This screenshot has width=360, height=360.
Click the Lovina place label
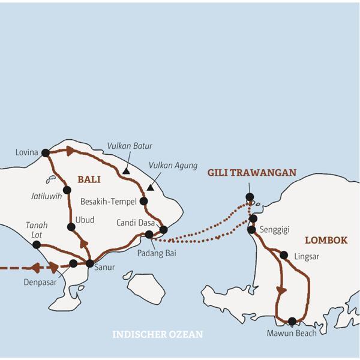(x=27, y=153)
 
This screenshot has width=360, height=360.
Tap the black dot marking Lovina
(x=45, y=153)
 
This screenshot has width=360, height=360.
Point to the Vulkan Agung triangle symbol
(x=150, y=187)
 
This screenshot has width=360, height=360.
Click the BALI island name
(x=88, y=179)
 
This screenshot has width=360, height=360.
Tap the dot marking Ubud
(x=71, y=227)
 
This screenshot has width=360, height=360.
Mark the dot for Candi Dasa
(x=163, y=229)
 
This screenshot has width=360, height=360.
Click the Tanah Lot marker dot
(x=37, y=245)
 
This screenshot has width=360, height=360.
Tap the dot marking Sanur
(x=90, y=263)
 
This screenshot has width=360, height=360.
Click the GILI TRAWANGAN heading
(x=251, y=173)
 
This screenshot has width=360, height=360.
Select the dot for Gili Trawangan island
(x=250, y=197)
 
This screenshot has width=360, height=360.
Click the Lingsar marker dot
(x=284, y=255)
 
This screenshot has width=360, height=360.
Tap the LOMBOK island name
(x=326, y=240)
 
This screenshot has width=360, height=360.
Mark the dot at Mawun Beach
(x=292, y=321)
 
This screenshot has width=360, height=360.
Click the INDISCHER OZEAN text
(x=158, y=334)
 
